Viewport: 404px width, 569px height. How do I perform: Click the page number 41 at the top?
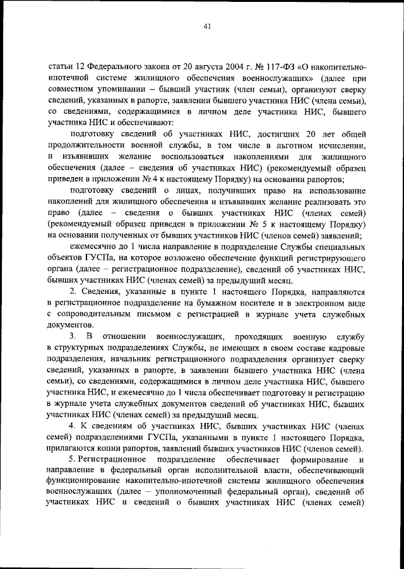tap(207, 26)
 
